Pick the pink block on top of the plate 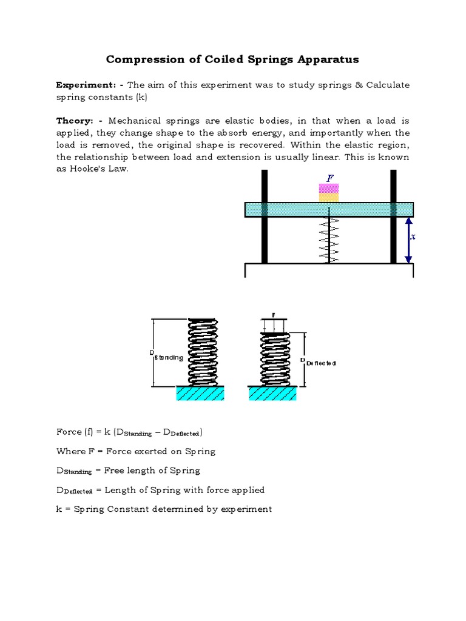click(x=329, y=189)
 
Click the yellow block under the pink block click(x=329, y=198)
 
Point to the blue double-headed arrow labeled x click(x=408, y=240)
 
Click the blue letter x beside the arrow click(x=413, y=237)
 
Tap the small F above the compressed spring click(x=273, y=315)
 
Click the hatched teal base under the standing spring click(x=200, y=394)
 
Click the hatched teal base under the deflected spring click(x=272, y=394)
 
